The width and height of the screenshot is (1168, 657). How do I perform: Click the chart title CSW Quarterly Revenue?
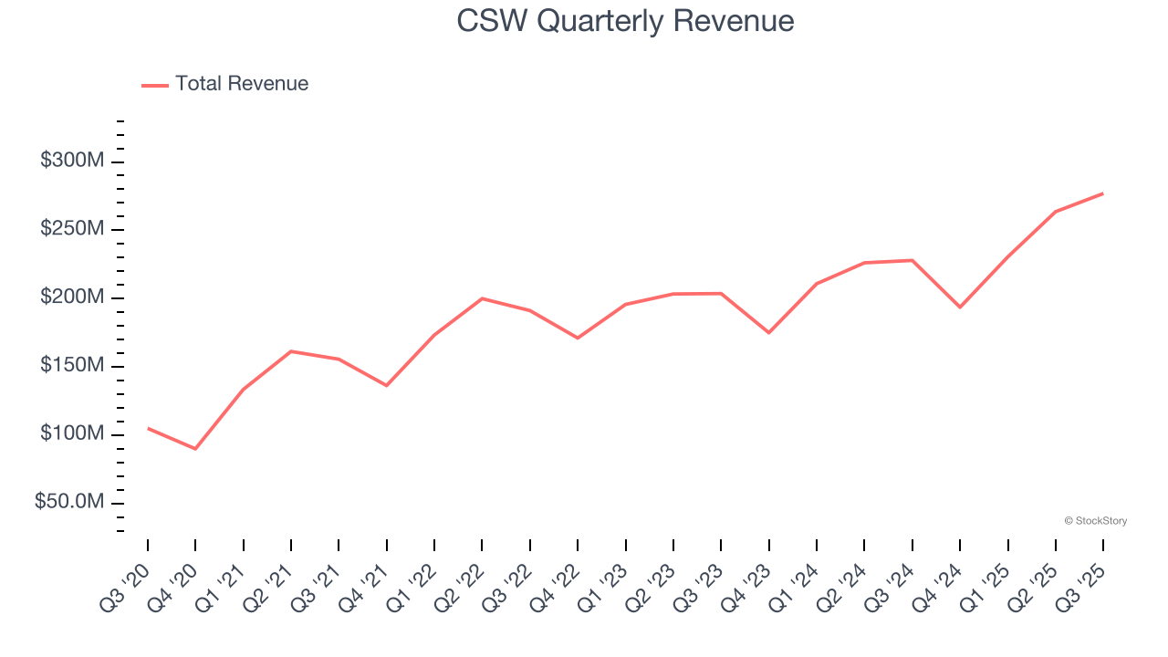[x=625, y=21]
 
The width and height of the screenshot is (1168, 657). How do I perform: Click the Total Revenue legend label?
[x=242, y=84]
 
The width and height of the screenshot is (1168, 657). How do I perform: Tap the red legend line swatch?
[x=155, y=85]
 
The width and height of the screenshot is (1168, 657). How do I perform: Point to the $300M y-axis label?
[x=72, y=162]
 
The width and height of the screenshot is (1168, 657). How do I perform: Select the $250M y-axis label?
[x=72, y=229]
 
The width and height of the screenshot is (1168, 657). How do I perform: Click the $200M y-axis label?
[x=72, y=297]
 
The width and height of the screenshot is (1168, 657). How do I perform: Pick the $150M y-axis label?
[x=72, y=366]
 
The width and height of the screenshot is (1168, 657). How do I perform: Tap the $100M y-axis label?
[x=72, y=434]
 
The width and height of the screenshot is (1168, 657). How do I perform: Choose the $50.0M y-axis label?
[x=69, y=503]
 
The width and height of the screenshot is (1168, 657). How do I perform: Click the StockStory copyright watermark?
[x=1095, y=521]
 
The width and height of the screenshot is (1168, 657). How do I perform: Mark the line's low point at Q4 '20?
[x=195, y=449]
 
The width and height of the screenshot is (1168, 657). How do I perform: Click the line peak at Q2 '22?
[x=482, y=298]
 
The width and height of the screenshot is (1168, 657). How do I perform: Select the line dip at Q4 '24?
[x=960, y=308]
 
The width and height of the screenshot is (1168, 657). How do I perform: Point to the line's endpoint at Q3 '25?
[x=1103, y=193]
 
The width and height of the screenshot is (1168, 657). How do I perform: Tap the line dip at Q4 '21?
[x=386, y=385]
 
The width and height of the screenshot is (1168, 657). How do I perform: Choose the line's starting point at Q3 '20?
[x=148, y=428]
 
